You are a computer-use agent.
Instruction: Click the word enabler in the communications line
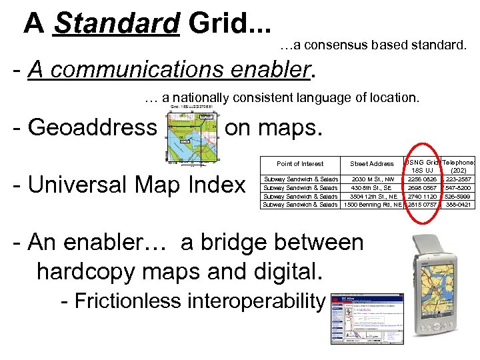point(266,69)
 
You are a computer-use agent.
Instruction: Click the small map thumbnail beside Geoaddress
point(191,133)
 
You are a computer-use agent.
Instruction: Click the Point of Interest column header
point(300,163)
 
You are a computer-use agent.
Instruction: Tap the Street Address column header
point(372,163)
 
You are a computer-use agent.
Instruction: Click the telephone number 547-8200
point(459,188)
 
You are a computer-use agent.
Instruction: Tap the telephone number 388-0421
point(459,205)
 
